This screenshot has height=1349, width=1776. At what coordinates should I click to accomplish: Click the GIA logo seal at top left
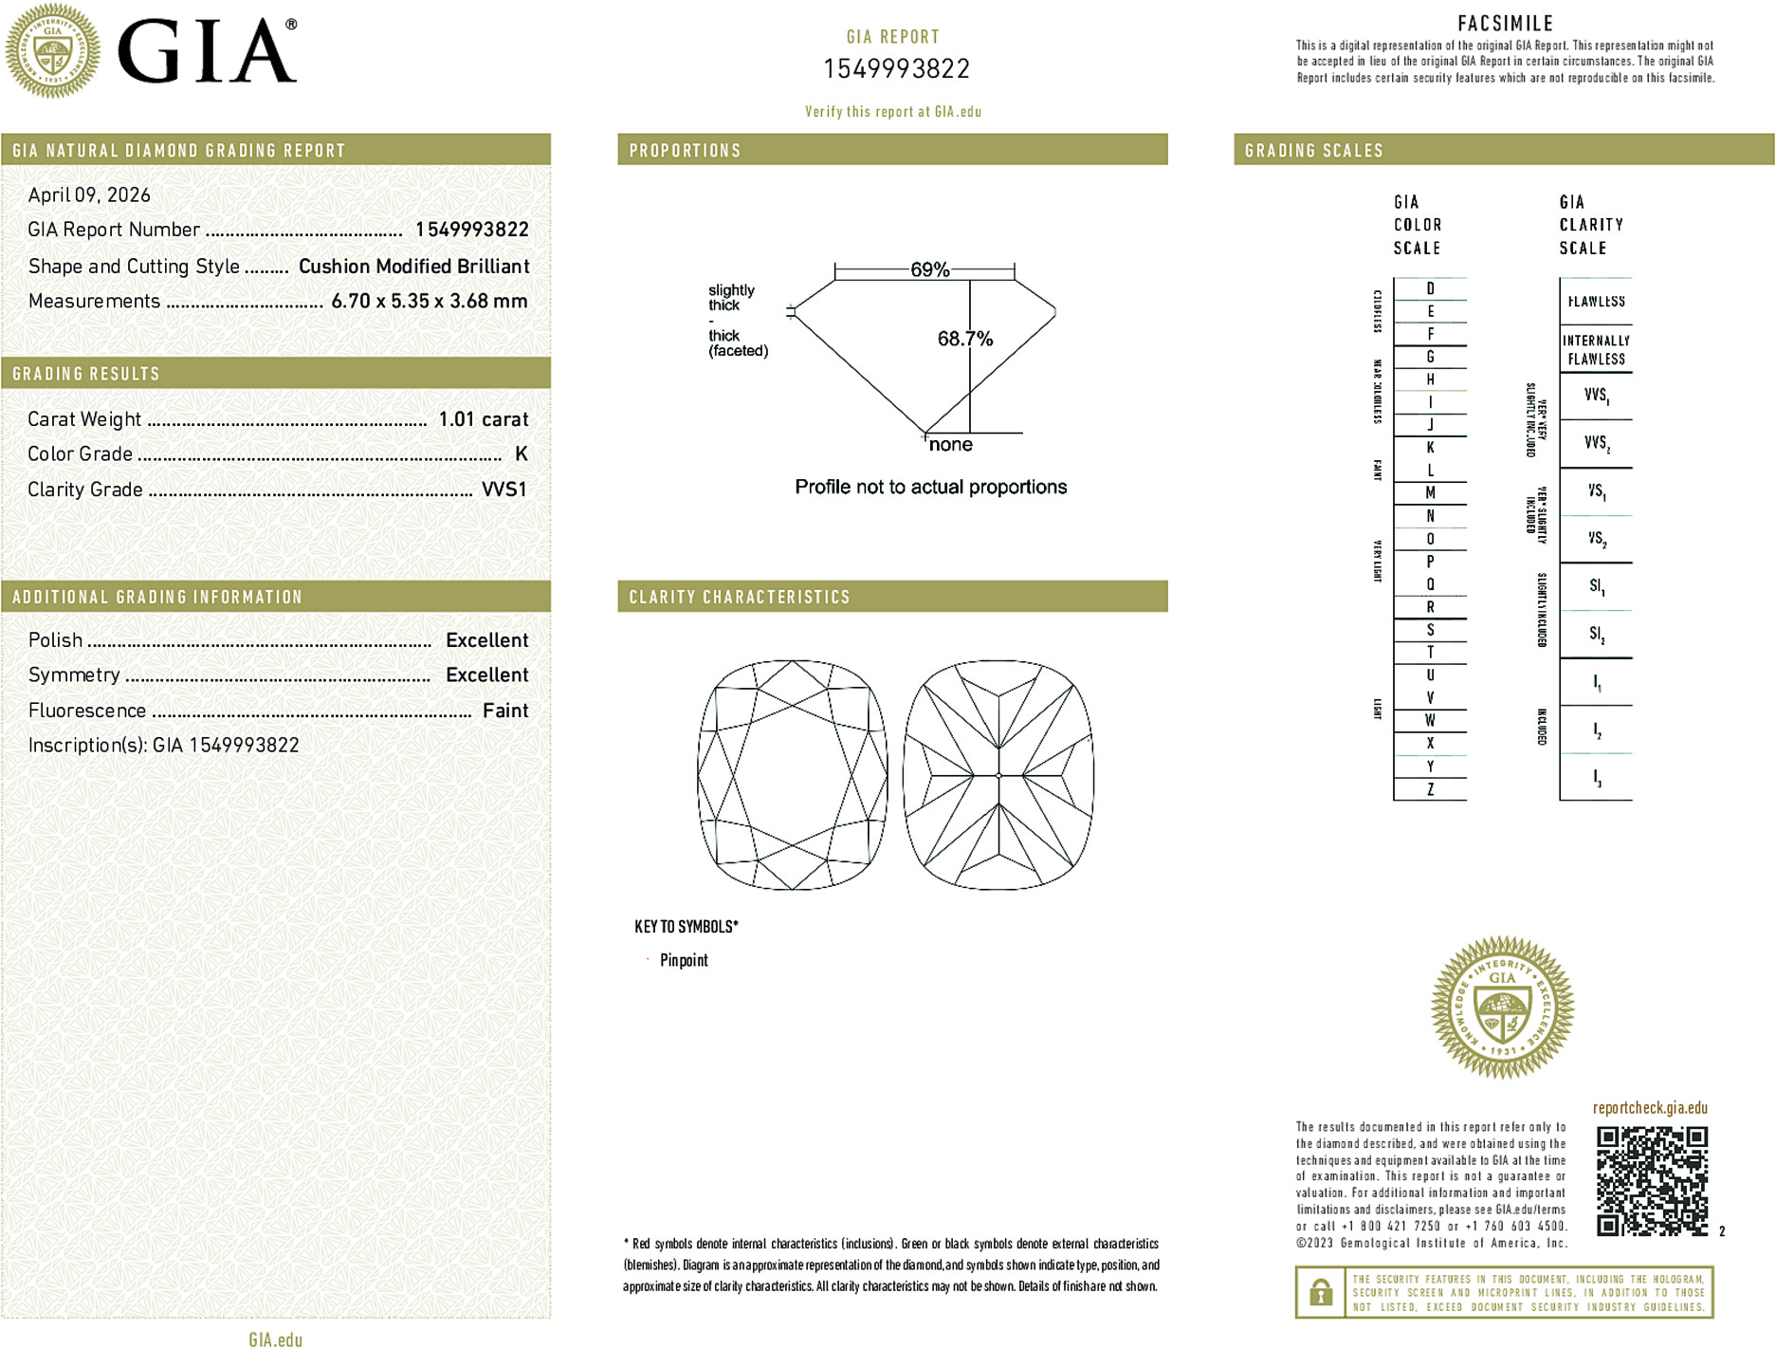point(52,51)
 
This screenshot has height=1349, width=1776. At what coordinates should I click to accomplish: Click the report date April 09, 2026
point(89,195)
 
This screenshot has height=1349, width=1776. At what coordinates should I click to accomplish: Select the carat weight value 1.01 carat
point(483,419)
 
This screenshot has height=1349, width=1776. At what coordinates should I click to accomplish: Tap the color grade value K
point(521,454)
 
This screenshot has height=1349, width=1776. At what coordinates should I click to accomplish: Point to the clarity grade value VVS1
point(504,490)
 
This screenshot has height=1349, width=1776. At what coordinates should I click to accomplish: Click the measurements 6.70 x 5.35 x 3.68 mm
point(429,302)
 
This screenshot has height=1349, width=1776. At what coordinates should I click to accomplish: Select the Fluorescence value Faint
point(504,711)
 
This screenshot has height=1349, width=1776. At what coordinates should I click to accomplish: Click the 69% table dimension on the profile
point(929,269)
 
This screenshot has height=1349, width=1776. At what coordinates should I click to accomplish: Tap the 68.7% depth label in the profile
point(964,339)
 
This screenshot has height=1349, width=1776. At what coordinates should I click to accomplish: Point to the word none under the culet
point(950,445)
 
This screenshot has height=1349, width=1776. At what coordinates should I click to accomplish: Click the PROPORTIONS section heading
point(685,151)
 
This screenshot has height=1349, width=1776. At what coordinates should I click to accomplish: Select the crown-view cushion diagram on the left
point(793,775)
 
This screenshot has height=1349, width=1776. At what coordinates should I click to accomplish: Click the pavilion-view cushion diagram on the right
point(998,775)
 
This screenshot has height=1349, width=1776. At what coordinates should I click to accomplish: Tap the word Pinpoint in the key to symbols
point(684,960)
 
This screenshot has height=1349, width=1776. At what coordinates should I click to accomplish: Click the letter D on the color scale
point(1430,288)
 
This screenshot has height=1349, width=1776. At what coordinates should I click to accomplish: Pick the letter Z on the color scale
point(1430,789)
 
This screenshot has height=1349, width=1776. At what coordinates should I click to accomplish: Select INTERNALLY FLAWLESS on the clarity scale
point(1596,349)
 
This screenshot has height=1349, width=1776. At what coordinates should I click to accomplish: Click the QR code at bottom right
point(1652,1181)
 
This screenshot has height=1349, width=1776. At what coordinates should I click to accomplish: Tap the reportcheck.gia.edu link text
point(1650,1108)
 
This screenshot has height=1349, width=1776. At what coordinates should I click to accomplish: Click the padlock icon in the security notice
point(1320,1292)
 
